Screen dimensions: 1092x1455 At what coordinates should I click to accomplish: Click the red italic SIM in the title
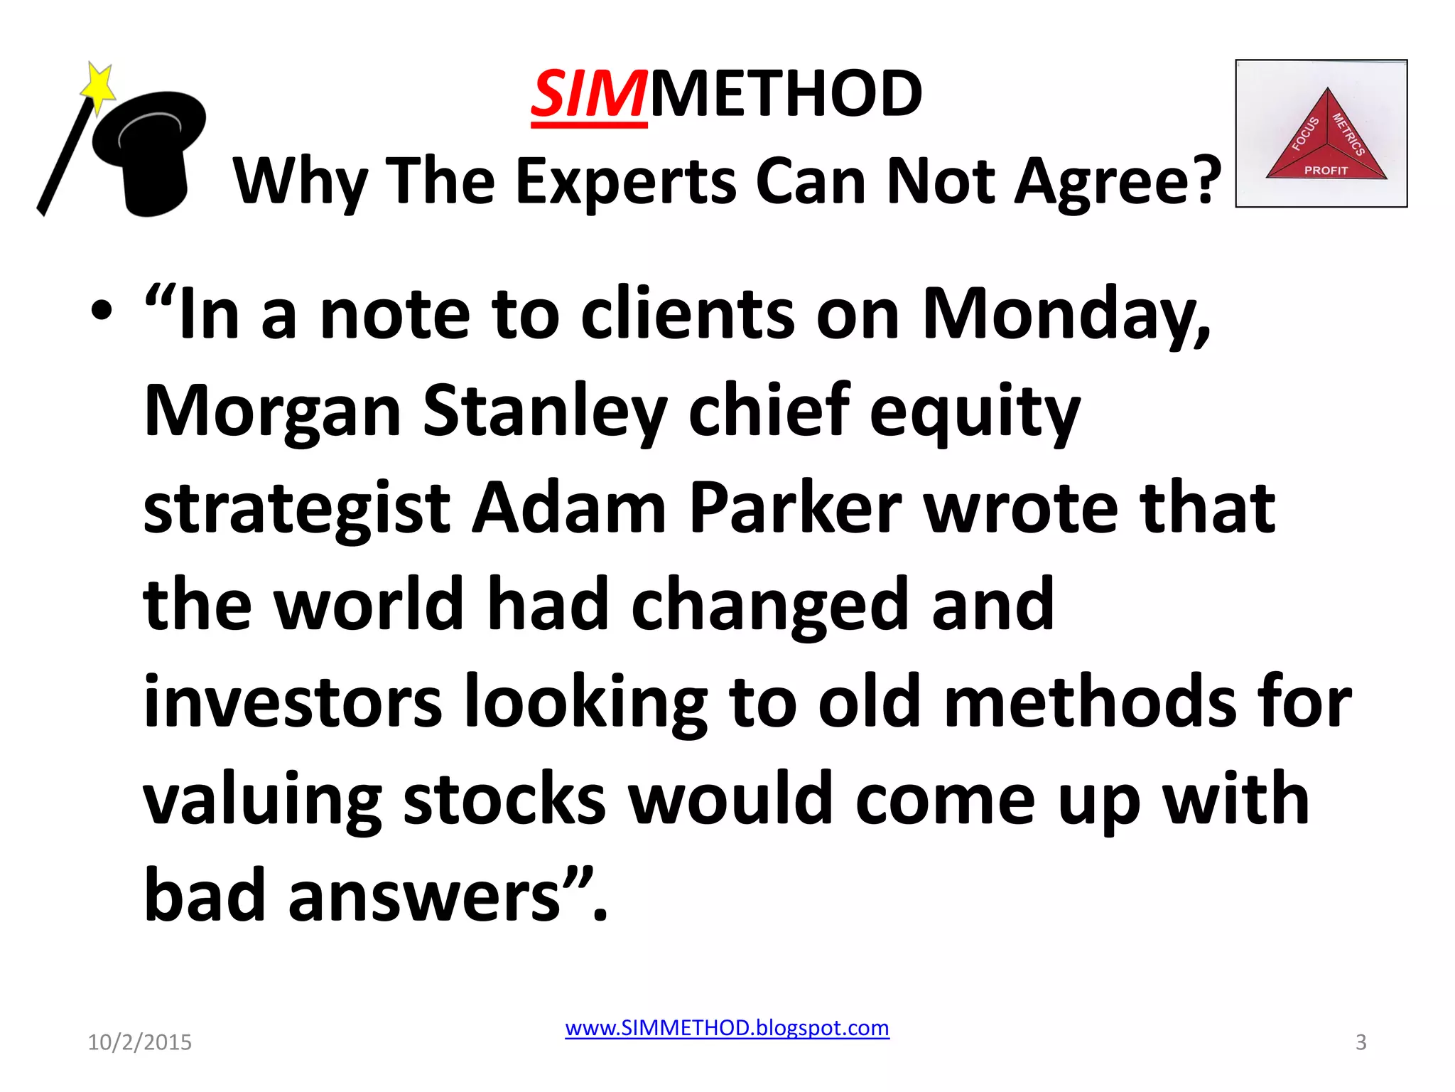[x=589, y=95]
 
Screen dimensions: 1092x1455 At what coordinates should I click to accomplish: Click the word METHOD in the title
[x=786, y=95]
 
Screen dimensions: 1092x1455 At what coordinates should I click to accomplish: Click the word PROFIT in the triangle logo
[x=1326, y=171]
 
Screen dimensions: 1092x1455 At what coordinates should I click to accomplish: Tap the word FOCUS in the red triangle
[x=1305, y=134]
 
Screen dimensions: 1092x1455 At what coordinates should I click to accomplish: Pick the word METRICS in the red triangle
[x=1348, y=134]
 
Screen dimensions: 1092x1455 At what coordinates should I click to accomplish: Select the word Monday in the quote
[x=1066, y=315]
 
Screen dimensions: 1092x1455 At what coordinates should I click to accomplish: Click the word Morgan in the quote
[x=273, y=412]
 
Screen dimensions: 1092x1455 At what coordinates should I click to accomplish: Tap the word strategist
[x=297, y=510]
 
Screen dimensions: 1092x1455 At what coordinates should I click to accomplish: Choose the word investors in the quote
[x=293, y=702]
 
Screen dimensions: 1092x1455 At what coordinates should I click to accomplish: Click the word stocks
[x=504, y=799]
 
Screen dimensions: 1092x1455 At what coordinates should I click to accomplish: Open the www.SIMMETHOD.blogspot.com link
[x=727, y=1028]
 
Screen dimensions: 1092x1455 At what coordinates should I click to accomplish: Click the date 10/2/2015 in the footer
[x=139, y=1042]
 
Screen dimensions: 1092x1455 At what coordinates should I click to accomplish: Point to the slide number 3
[x=1361, y=1042]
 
